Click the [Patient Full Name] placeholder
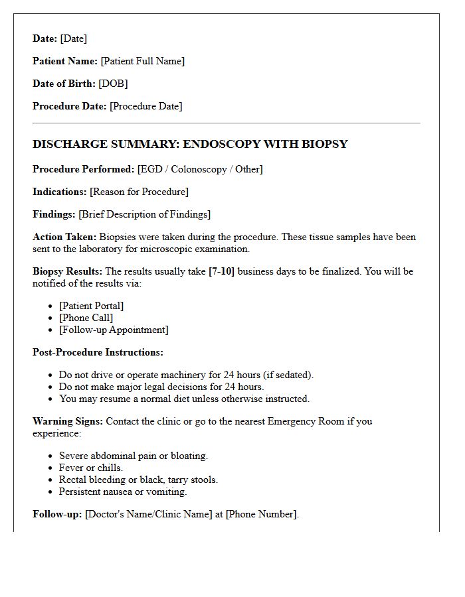(x=142, y=61)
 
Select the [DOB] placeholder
(x=113, y=84)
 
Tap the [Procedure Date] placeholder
(x=145, y=106)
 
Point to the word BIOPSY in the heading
(x=322, y=144)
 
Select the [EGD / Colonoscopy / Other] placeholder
(x=200, y=169)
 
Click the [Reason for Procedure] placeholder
(x=139, y=192)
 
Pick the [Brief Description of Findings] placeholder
(x=144, y=214)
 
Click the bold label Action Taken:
(x=64, y=237)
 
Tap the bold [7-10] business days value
(x=221, y=271)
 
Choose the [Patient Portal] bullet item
(x=91, y=306)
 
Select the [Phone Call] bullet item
(x=86, y=318)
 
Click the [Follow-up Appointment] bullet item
(x=114, y=330)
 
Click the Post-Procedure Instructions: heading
(x=98, y=352)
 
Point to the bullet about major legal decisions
(x=161, y=387)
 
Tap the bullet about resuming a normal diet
(x=184, y=399)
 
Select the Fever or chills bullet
(x=91, y=468)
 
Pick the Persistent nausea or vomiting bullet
(x=123, y=492)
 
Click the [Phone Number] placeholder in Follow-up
(x=261, y=514)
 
